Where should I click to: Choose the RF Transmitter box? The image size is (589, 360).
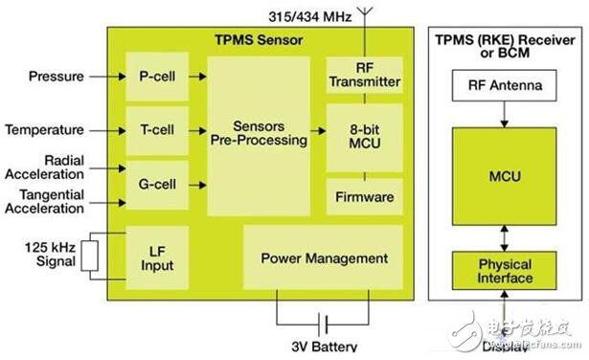[x=364, y=75]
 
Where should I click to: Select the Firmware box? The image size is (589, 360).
[x=364, y=196]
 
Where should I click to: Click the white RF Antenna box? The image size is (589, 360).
[x=506, y=86]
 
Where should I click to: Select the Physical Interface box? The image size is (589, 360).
[x=506, y=271]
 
